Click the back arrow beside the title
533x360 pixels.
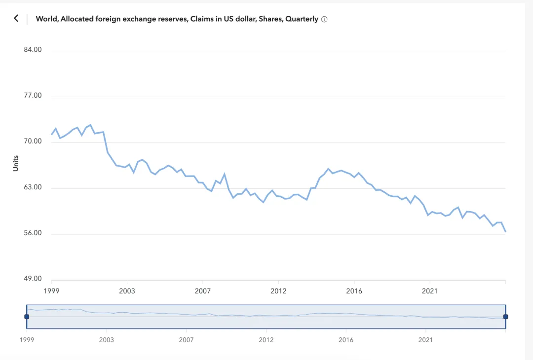pyautogui.click(x=16, y=18)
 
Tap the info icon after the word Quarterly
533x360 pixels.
pyautogui.click(x=324, y=19)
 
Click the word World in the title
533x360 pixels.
pyautogui.click(x=46, y=19)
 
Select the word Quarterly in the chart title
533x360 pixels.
pyautogui.click(x=302, y=19)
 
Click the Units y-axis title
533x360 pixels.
pyautogui.click(x=15, y=163)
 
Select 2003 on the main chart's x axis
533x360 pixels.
pyautogui.click(x=127, y=291)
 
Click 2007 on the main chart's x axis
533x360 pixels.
pyautogui.click(x=203, y=291)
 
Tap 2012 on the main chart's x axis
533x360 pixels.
pyautogui.click(x=278, y=291)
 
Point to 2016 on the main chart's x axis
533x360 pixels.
pyautogui.click(x=354, y=291)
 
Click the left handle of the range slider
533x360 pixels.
pyautogui.click(x=27, y=317)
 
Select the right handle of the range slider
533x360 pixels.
pyautogui.click(x=505, y=317)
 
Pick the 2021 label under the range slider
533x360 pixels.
pyautogui.click(x=426, y=340)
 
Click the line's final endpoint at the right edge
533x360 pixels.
pyautogui.click(x=505, y=231)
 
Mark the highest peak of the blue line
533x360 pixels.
pyautogui.click(x=90, y=125)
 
